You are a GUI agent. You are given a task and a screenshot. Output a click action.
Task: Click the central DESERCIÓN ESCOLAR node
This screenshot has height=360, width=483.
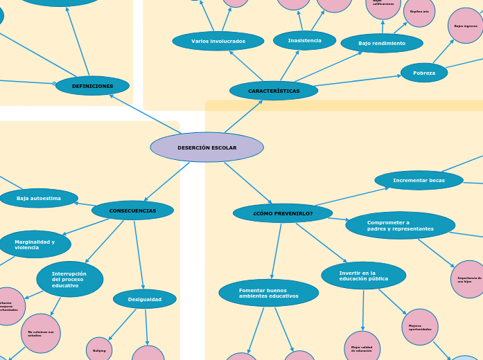[207, 147]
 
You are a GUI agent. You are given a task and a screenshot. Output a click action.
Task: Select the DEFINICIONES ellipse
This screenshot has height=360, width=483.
[92, 86]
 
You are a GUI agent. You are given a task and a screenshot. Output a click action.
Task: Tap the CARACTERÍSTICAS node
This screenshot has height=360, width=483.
[274, 91]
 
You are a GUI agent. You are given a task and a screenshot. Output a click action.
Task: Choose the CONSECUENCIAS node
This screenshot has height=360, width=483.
[132, 210]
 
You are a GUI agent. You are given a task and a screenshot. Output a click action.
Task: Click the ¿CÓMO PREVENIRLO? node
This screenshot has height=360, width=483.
[283, 213]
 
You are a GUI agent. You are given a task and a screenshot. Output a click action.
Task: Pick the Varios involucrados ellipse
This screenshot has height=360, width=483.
[218, 41]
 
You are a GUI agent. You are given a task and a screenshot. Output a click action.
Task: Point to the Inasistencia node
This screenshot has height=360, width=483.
[304, 40]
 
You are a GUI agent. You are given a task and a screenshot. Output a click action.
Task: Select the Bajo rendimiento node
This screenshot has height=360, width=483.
[382, 43]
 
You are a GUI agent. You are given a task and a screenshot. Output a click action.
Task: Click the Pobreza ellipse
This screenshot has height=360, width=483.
[424, 73]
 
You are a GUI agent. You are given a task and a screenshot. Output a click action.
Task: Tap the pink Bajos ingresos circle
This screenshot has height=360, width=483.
[466, 26]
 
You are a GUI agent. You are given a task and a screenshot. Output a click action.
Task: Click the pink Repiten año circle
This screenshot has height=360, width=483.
[419, 11]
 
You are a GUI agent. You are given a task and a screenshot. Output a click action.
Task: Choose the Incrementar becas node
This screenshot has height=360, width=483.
[419, 180]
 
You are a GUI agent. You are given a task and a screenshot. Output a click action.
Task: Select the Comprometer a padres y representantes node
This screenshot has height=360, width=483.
[400, 226]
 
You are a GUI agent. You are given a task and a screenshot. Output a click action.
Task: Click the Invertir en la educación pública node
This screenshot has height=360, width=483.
[363, 276]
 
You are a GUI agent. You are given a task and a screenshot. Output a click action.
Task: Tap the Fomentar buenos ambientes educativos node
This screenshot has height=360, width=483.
[268, 293]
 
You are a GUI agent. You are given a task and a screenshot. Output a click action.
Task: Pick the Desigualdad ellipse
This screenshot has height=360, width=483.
[145, 299]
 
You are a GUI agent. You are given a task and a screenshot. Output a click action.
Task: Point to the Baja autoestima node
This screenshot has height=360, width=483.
[39, 198]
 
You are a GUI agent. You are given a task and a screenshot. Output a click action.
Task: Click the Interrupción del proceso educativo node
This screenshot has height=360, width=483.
[69, 279]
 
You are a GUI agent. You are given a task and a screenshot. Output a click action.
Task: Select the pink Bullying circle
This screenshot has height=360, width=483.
[99, 350]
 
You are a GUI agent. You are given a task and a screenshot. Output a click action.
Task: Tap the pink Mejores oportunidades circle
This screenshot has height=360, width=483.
[420, 327]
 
